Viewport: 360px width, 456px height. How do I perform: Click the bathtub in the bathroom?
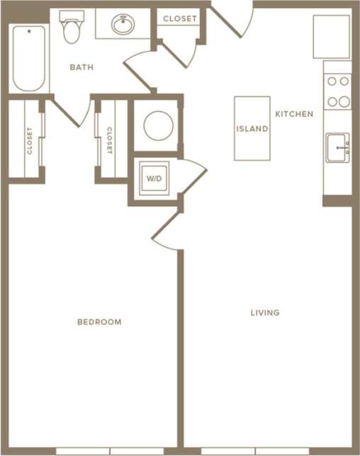[x=29, y=59]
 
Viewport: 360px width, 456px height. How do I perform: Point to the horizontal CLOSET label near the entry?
[x=180, y=19]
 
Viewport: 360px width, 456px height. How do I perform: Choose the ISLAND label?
[x=252, y=129]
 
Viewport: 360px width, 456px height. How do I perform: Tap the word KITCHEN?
[x=293, y=113]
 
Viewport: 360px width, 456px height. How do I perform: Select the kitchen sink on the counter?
[x=338, y=147]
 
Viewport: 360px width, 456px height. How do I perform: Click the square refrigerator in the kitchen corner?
[x=332, y=36]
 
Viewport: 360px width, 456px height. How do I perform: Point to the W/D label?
[x=154, y=178]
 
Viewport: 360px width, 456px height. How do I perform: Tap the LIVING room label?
[x=264, y=312]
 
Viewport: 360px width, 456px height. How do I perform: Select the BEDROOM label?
[x=99, y=321]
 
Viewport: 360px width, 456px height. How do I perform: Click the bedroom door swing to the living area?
[x=165, y=234]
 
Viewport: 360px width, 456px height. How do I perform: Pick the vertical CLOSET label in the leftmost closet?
[x=29, y=140]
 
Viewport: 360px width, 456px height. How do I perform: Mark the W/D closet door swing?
[x=193, y=173]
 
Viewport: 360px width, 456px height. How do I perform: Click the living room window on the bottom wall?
[x=255, y=451]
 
